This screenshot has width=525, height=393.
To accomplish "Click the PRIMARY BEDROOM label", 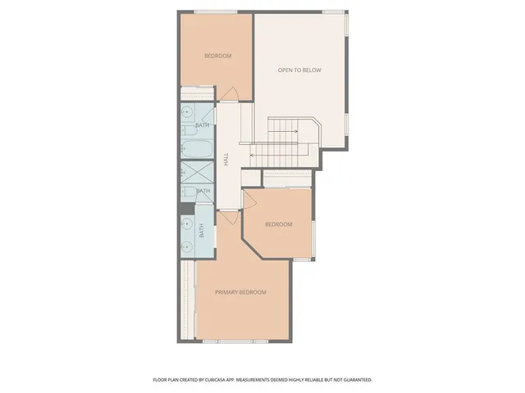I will pyautogui.click(x=240, y=292).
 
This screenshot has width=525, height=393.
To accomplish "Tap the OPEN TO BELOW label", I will pyautogui.click(x=299, y=70).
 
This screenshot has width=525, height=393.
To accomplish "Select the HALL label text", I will pyautogui.click(x=226, y=160).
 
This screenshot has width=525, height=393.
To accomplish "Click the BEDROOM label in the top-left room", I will pyautogui.click(x=217, y=56).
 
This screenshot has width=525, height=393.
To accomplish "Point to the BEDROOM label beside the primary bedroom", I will pyautogui.click(x=278, y=224).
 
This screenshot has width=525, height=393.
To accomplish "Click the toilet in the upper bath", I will pyautogui.click(x=188, y=130).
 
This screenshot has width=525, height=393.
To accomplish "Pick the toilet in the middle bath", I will pyautogui.click(x=188, y=192).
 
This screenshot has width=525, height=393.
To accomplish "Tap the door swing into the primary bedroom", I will pyautogui.click(x=229, y=218).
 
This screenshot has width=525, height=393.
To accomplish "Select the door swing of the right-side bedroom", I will pyautogui.click(x=252, y=198).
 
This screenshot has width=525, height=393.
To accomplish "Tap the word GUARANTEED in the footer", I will pyautogui.click(x=354, y=380).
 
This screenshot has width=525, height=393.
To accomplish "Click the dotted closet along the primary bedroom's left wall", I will pyautogui.click(x=188, y=299).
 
